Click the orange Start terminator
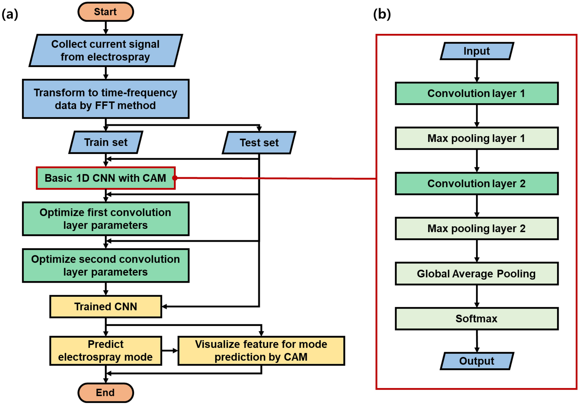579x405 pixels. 105,12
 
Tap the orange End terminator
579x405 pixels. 105,392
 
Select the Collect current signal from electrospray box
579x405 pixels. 105,50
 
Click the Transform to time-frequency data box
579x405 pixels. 105,99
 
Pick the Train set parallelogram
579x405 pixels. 106,142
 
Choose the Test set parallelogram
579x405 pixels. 259,143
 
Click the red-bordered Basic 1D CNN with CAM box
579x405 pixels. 105,178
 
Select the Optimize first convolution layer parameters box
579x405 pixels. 105,219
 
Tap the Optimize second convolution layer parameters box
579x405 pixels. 105,265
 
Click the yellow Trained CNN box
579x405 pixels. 105,306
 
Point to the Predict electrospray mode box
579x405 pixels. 105,350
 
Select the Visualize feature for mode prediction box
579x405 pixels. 261,350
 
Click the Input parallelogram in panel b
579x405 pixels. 477,51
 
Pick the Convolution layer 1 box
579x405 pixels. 477,93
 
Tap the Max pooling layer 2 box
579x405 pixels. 477,228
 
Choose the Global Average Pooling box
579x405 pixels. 477,274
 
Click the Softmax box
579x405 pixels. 477,318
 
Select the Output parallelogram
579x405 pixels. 477,361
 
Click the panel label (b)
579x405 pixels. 382,14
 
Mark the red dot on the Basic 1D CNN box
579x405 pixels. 175,178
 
